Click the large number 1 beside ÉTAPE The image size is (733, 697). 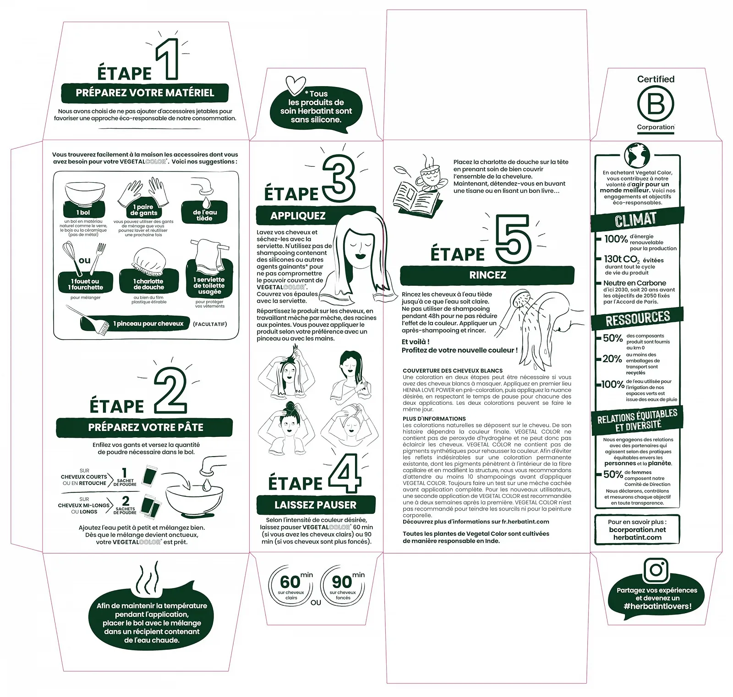click(x=168, y=60)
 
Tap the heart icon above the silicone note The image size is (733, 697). click(x=295, y=85)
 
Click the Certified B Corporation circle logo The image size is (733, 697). click(x=656, y=104)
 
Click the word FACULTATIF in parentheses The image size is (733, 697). click(x=210, y=324)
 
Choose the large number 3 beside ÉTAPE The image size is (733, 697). click(x=338, y=179)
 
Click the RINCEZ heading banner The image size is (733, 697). click(x=487, y=275)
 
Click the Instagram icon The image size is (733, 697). click(x=656, y=570)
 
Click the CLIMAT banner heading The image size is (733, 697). click(x=636, y=219)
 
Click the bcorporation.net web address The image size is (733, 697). click(x=637, y=529)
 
